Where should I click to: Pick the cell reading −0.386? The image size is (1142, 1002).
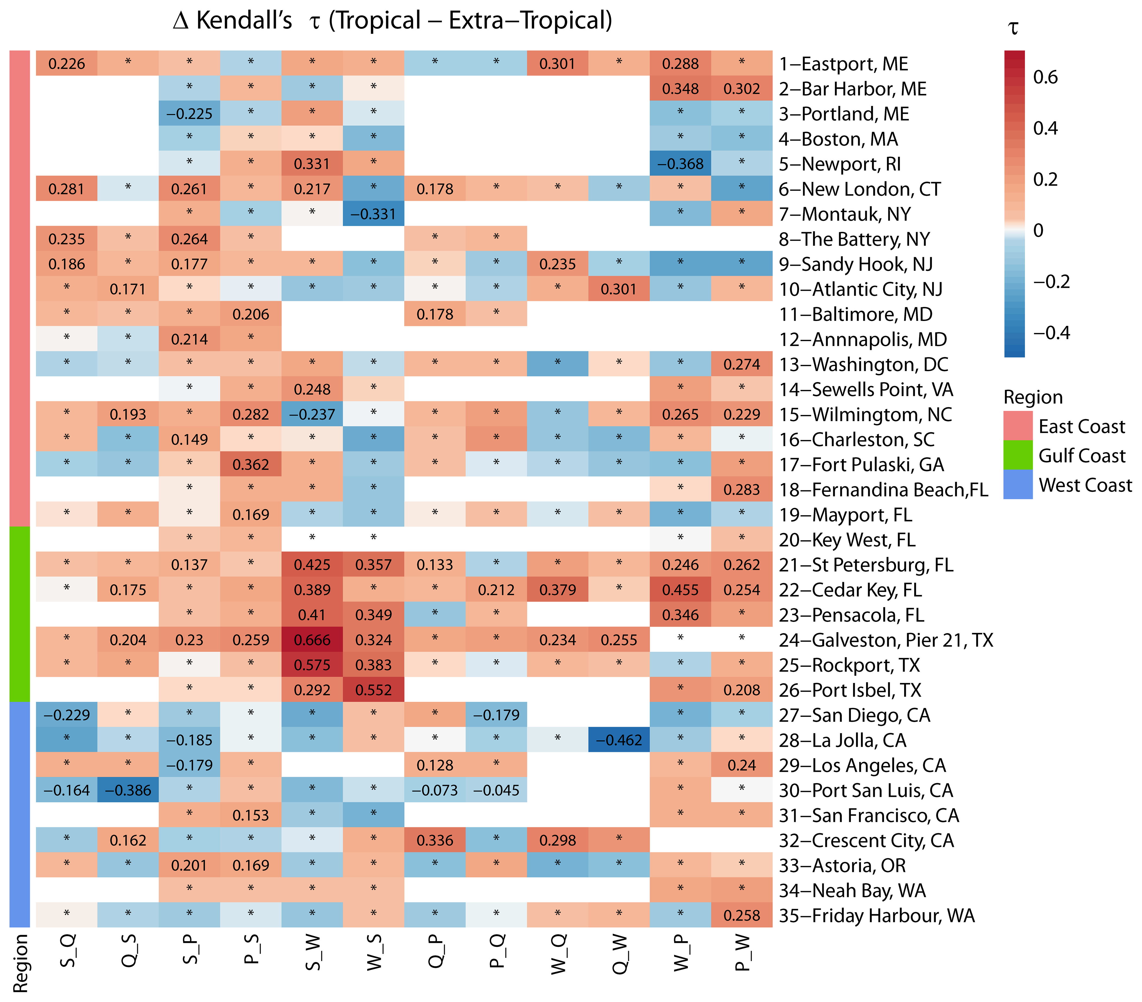point(128,790)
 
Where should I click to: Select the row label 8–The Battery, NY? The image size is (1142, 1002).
point(854,239)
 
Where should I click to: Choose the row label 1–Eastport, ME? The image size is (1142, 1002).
point(844,64)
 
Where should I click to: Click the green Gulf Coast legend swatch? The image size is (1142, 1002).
point(1017,455)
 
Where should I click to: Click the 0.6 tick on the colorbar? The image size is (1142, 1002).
point(1045,77)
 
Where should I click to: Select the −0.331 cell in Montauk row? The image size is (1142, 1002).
point(373,214)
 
